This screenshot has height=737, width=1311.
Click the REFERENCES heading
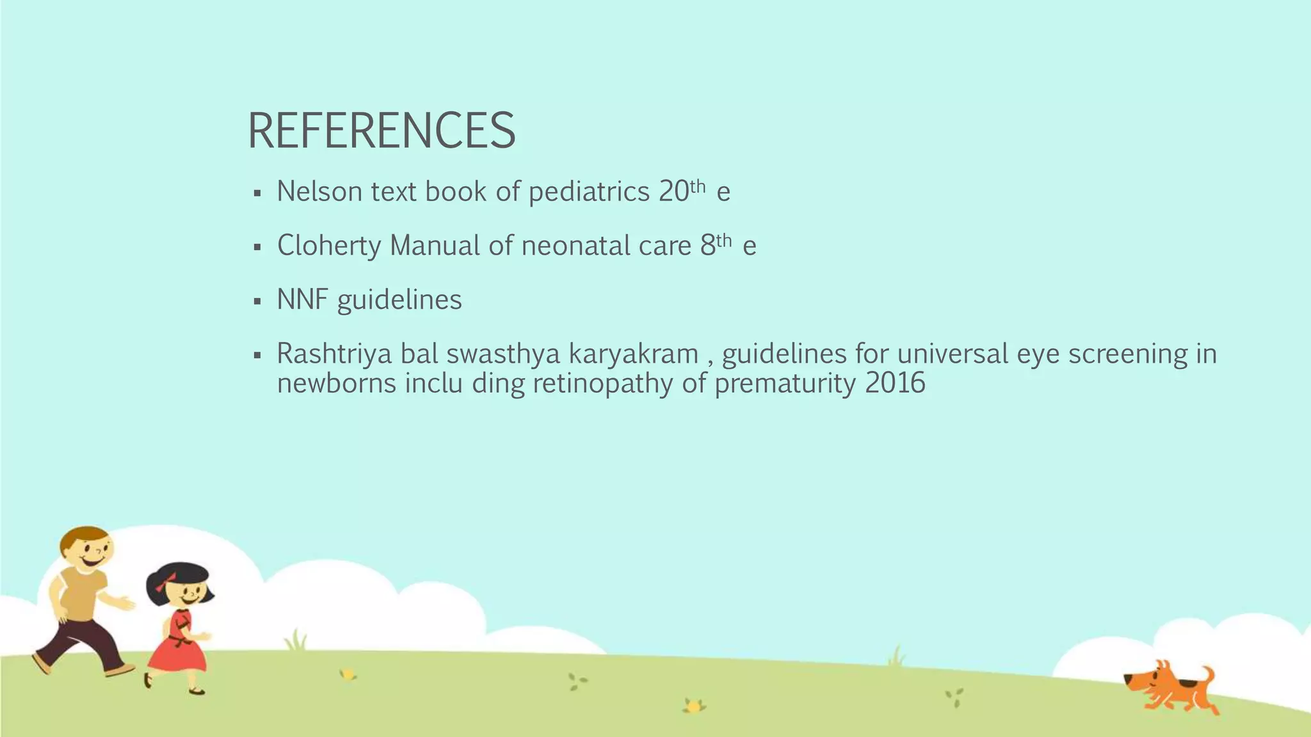(x=381, y=131)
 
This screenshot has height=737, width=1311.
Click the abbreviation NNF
(x=302, y=299)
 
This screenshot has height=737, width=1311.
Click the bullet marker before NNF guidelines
(x=257, y=301)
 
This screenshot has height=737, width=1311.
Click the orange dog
(x=1169, y=690)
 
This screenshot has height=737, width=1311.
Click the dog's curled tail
(x=1207, y=674)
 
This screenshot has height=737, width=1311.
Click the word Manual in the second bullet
(x=435, y=246)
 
